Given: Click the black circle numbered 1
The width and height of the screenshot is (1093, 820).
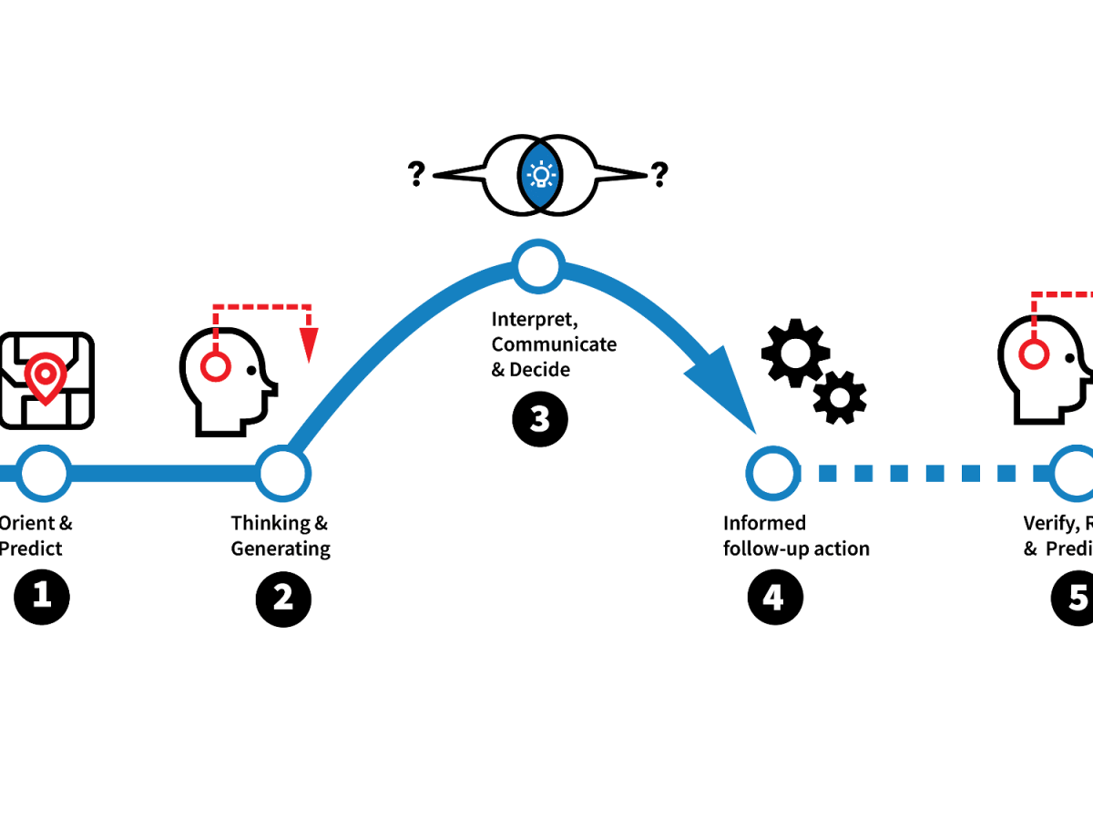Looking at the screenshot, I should point(42,596).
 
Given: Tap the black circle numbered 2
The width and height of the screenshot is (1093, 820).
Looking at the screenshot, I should point(283,599).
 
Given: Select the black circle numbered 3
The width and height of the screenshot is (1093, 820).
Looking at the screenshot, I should point(539,419).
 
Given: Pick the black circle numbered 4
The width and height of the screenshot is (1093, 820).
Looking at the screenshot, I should point(774,599).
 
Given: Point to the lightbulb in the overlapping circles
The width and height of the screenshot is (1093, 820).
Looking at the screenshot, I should point(542,174).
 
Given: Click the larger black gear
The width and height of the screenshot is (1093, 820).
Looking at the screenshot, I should point(795,352).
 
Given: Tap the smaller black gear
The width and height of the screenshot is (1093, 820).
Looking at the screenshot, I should point(839,397).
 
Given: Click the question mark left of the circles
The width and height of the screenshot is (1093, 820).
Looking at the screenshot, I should point(416,174).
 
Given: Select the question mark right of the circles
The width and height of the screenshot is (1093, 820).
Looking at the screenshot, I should point(659,174).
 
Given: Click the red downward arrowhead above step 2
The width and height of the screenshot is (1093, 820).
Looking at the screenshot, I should point(310,344).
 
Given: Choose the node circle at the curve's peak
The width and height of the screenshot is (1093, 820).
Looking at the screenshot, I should point(539,266).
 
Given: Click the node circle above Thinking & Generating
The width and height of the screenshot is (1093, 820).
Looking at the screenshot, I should point(283,473).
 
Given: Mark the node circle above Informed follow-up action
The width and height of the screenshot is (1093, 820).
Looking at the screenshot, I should point(773,473).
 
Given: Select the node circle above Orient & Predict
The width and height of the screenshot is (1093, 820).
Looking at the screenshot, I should point(44,473).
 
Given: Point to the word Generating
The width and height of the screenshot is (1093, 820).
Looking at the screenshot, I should point(281,548).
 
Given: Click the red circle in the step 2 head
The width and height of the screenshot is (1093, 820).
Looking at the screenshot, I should point(215,366).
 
